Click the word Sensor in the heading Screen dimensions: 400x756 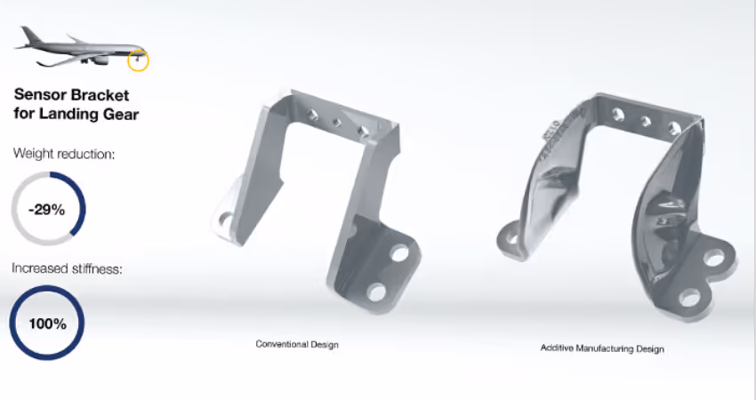coord(38,94)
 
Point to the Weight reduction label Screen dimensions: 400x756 coord(63,154)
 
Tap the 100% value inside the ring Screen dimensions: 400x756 coord(47,324)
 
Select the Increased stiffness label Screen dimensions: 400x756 coord(67,268)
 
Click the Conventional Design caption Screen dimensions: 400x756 coord(297,344)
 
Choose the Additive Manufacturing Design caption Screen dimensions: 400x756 coord(602,348)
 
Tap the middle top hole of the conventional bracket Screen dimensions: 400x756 coord(337,124)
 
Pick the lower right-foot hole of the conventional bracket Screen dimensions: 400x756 coord(376,291)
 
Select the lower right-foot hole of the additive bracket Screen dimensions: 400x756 coord(690,296)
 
